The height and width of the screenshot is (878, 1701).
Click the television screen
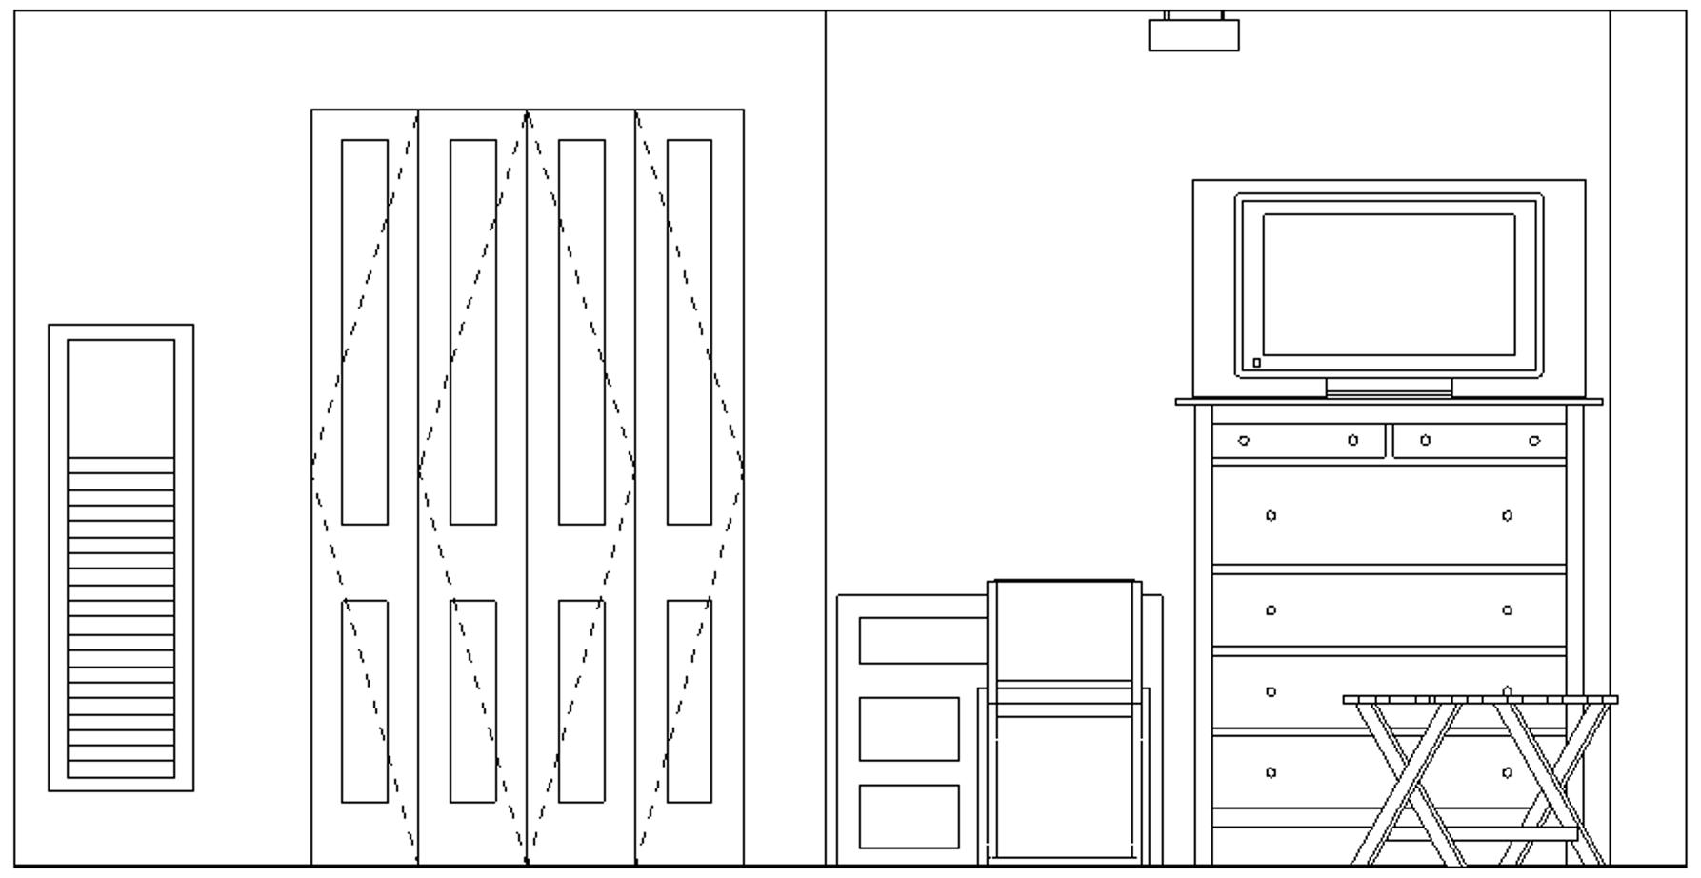pyautogui.click(x=1389, y=285)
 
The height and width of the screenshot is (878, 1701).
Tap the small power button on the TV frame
pyautogui.click(x=1257, y=363)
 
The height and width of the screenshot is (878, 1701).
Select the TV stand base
pyautogui.click(x=1389, y=388)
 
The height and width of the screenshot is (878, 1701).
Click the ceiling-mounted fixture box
pyautogui.click(x=1193, y=35)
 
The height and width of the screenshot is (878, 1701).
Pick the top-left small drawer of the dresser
pyautogui.click(x=1298, y=441)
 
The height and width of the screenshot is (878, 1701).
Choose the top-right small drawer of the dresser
pyautogui.click(x=1478, y=441)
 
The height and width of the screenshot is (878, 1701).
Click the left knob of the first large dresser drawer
pyautogui.click(x=1271, y=516)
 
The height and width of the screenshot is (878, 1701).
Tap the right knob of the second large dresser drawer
pyautogui.click(x=1507, y=610)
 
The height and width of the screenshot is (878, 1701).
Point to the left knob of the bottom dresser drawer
pyautogui.click(x=1271, y=772)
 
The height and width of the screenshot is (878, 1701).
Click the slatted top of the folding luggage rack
pyautogui.click(x=1479, y=700)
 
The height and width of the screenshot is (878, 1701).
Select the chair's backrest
pyautogui.click(x=1065, y=630)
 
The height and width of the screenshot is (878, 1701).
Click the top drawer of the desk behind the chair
pyautogui.click(x=922, y=641)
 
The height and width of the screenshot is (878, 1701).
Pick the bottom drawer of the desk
pyautogui.click(x=909, y=816)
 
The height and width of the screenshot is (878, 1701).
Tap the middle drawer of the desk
pyautogui.click(x=909, y=728)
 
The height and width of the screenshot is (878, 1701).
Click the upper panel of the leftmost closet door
pyautogui.click(x=365, y=331)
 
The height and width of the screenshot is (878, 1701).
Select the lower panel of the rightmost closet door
pyautogui.click(x=689, y=701)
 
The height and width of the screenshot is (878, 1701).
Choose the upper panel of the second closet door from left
pyautogui.click(x=473, y=331)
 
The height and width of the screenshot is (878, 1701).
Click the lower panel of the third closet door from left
pyautogui.click(x=581, y=701)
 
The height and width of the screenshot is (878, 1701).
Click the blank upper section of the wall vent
pyautogui.click(x=121, y=398)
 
